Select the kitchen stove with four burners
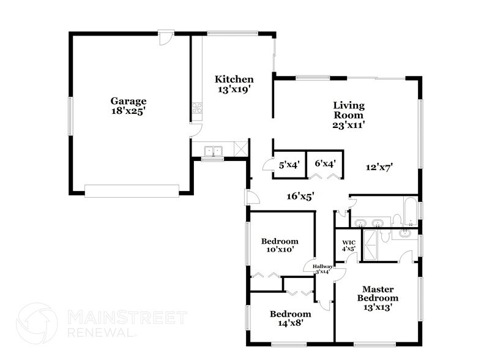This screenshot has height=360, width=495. [x=198, y=109]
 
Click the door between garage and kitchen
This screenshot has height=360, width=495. [x=193, y=130]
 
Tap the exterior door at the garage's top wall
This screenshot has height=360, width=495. [x=164, y=37]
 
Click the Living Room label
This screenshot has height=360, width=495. [x=348, y=110]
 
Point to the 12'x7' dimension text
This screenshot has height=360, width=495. [x=379, y=166]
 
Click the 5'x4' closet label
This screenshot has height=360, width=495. [x=288, y=164]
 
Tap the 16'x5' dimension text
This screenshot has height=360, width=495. [x=300, y=197]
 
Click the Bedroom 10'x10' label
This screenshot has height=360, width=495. [x=280, y=245]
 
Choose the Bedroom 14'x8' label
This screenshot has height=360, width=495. [x=291, y=318]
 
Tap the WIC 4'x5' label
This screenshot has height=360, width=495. [x=348, y=245]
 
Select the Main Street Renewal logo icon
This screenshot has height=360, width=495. [x=37, y=323]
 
